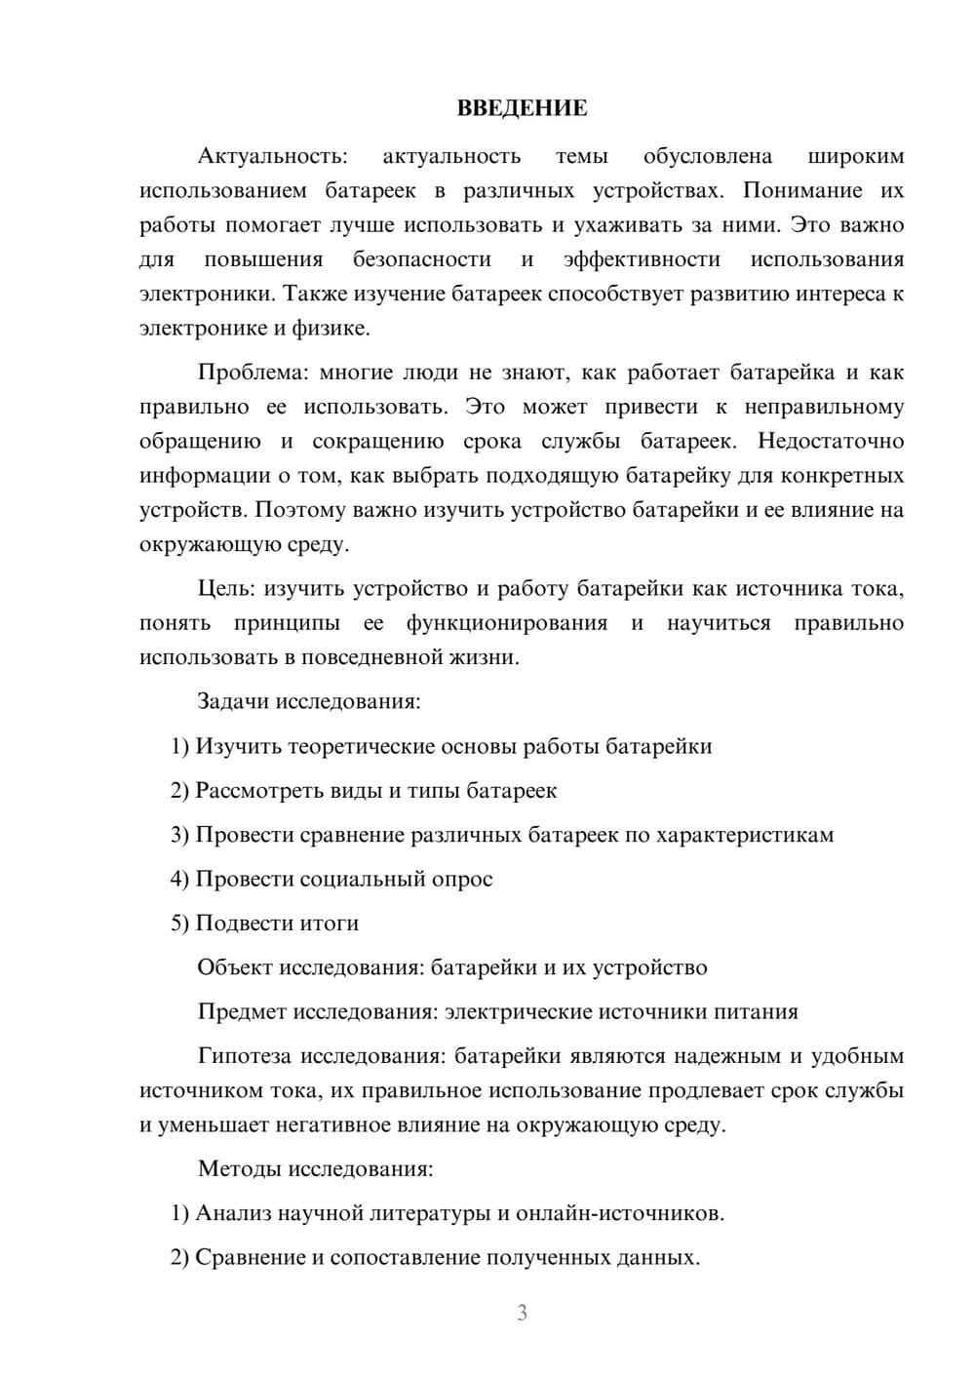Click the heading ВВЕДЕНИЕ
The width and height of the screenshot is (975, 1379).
pyautogui.click(x=522, y=108)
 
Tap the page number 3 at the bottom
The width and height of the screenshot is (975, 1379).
pyautogui.click(x=522, y=1313)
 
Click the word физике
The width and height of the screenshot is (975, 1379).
pyautogui.click(x=332, y=329)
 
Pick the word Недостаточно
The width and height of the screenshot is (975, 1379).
pyautogui.click(x=831, y=441)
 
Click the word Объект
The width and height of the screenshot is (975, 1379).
pyautogui.click(x=235, y=967)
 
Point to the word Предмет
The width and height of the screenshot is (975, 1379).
pyautogui.click(x=242, y=1011)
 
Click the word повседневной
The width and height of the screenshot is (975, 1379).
pyautogui.click(x=371, y=657)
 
